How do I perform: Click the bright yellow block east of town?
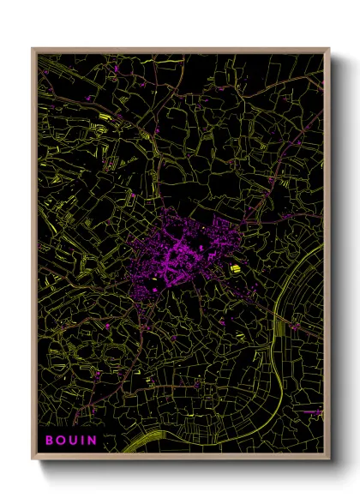pyautogui.click(x=234, y=269)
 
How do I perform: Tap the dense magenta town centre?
pyautogui.click(x=180, y=254)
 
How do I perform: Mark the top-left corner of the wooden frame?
pyautogui.click(x=33, y=50)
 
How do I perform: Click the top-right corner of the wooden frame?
pyautogui.click(x=328, y=50)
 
